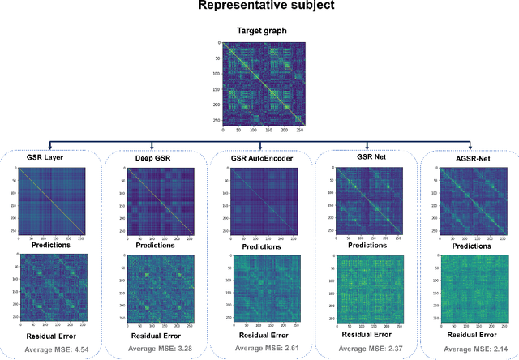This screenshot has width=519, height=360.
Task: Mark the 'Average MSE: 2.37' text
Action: point(367,349)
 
